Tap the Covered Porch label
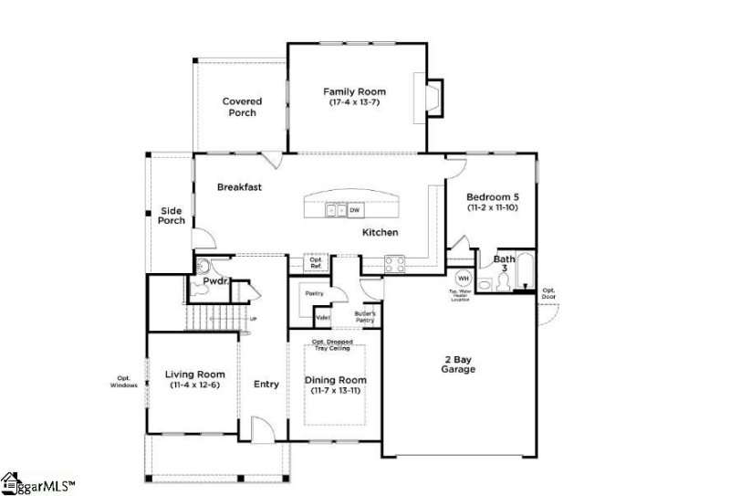[x=243, y=107]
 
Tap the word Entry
[x=266, y=385]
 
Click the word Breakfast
[x=239, y=187]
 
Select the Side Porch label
[x=172, y=216]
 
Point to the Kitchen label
[x=380, y=233]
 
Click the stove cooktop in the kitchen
[x=395, y=265]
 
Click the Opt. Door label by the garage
[x=548, y=294]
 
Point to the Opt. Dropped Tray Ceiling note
[x=335, y=344]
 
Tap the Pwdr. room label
[x=215, y=282]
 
